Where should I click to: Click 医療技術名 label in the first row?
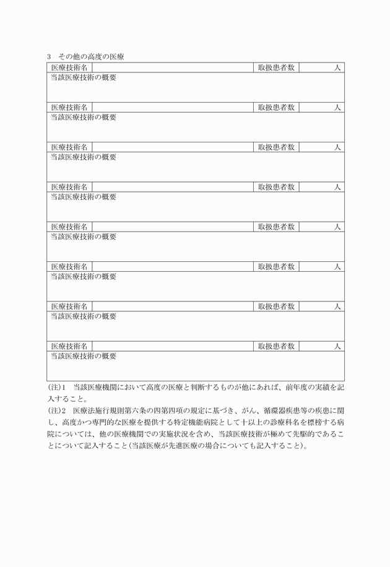click(x=69, y=67)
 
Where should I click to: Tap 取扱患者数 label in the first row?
click(x=276, y=67)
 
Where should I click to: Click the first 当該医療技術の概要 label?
click(x=84, y=77)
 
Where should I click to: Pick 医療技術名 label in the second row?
click(x=69, y=107)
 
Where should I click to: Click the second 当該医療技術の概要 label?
click(x=84, y=117)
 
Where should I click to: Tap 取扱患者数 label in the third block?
click(x=276, y=147)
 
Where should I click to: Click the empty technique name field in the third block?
click(x=173, y=147)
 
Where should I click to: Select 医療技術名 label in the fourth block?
click(x=69, y=186)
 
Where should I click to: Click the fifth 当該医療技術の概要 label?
click(x=84, y=236)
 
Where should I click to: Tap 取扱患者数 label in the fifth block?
click(x=276, y=227)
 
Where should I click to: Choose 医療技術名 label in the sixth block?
click(x=69, y=266)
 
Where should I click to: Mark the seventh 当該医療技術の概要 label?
click(x=84, y=316)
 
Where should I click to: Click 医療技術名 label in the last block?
click(x=69, y=346)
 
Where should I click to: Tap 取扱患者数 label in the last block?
click(x=276, y=346)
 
